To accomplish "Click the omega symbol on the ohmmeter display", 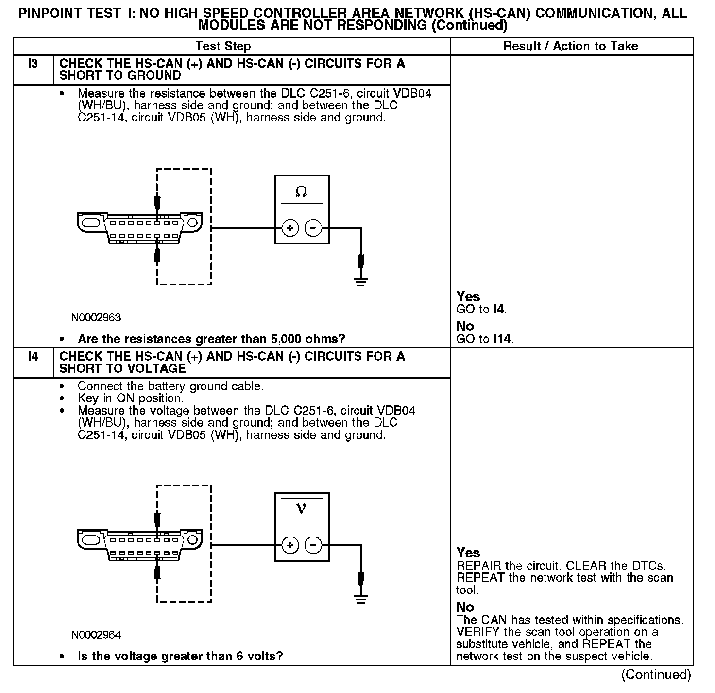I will coord(301,192).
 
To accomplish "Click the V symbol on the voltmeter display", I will coord(301,509).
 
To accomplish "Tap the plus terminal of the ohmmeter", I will coord(290,228).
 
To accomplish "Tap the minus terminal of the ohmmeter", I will coord(313,228).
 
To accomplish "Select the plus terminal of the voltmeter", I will coord(290,545).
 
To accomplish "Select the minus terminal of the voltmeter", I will coord(313,545).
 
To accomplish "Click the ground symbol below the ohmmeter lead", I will coord(360,281).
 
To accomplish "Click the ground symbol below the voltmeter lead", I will coord(360,599).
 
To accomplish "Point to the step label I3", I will coord(33,64).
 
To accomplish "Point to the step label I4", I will coord(33,357).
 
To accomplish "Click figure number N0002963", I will coord(96,318).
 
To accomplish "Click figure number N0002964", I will coord(96,635).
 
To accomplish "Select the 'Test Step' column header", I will coord(223,46).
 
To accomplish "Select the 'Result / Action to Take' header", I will coord(571,46).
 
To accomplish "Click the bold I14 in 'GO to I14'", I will coord(503,339).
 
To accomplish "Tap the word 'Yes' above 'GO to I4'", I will coord(468,296).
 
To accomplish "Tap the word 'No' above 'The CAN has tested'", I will coord(465,607).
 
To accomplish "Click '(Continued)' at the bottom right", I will coord(656,675).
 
